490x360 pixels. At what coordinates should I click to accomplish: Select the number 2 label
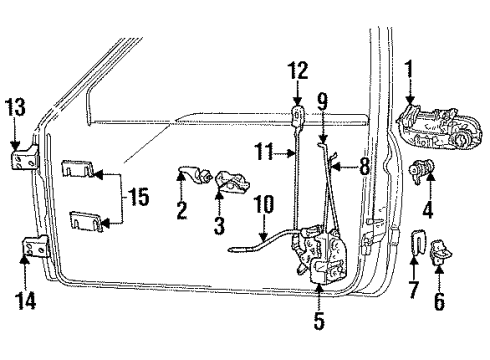click(x=182, y=210)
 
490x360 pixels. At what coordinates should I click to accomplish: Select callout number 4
click(x=427, y=211)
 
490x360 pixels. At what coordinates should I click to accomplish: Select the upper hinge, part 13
click(x=19, y=160)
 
